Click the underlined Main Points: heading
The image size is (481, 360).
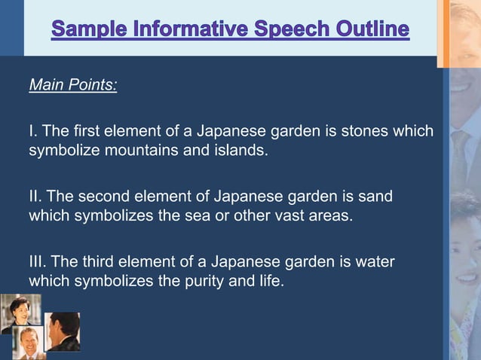click(x=73, y=84)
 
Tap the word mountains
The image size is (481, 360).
click(x=136, y=150)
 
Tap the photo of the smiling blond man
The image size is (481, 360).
click(x=31, y=340)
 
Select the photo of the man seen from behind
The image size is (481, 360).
click(x=63, y=331)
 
